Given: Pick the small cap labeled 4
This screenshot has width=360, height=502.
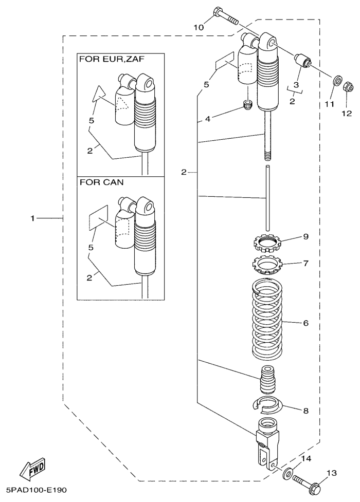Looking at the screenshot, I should tap(248, 106).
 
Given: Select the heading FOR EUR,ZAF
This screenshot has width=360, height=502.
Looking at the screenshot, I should tap(112, 59).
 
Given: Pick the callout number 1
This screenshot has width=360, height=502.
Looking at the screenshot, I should tap(33, 218).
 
